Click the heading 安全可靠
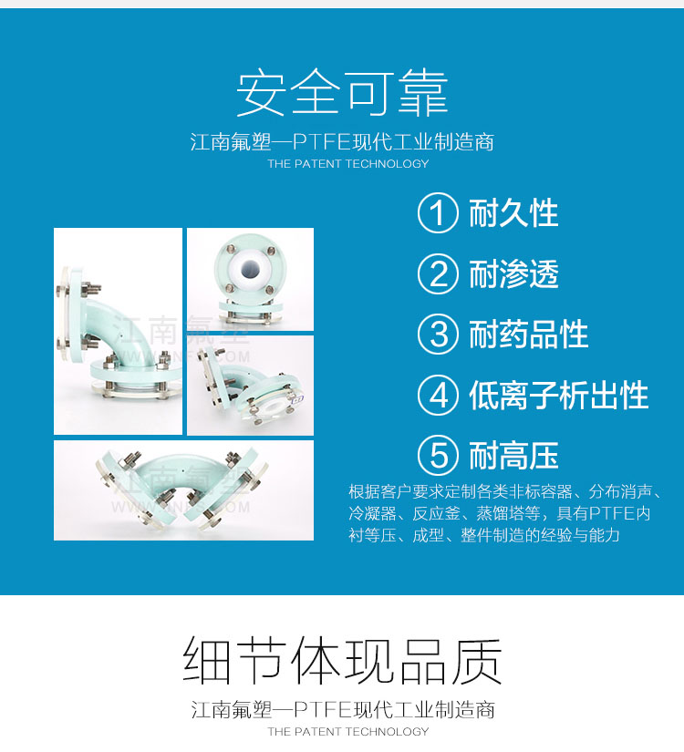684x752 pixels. point(342,93)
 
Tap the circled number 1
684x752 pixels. point(437,213)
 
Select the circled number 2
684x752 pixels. point(437,273)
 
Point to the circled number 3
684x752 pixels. point(437,335)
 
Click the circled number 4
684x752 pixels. point(437,396)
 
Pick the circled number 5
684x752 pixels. point(437,456)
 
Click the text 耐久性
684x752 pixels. point(513,213)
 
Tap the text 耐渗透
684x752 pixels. point(513,273)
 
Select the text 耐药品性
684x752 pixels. point(528,335)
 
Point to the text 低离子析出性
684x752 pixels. point(559,396)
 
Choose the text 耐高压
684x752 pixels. point(513,456)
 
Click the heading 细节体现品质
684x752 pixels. point(342,661)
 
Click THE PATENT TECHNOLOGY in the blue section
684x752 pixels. point(348,163)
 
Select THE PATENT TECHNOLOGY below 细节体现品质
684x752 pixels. point(348,731)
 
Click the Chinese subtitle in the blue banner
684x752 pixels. point(342,142)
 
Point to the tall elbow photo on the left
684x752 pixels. point(118,332)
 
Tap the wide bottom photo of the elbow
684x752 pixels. point(184,490)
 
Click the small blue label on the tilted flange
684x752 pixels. point(298,399)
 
